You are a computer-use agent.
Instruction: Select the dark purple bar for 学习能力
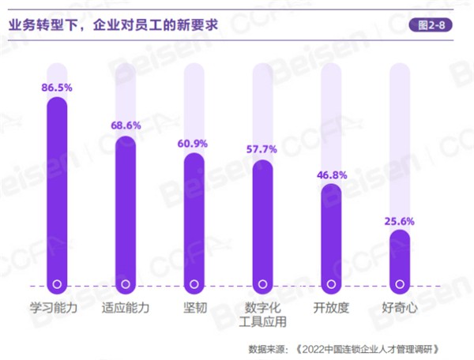(x=57, y=189)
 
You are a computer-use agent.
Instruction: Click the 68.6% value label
(x=126, y=126)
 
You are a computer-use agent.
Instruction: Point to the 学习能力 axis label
(x=57, y=307)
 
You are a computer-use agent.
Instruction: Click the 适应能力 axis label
(x=126, y=307)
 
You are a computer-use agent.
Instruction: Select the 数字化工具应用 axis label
(x=262, y=314)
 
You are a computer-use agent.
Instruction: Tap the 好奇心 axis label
(x=400, y=307)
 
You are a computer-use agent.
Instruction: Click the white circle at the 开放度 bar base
(x=331, y=283)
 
